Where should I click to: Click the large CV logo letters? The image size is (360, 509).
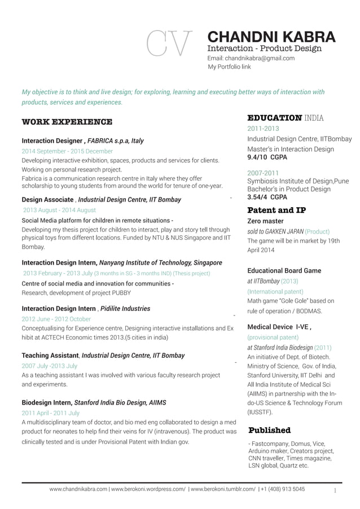pos(169,43)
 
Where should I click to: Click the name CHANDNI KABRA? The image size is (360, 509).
pos(271,37)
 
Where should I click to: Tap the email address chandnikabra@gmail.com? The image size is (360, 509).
pos(251,58)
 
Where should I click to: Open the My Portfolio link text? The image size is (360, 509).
pos(229,67)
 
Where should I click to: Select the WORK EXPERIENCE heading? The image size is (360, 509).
pos(67,122)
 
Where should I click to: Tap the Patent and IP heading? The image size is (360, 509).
pos(276,210)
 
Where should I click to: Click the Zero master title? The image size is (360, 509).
pos(266,221)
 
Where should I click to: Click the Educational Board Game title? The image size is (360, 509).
pos(284,271)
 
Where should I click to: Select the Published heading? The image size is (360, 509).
pos(270,431)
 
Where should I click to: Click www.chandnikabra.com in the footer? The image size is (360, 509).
pos(79,489)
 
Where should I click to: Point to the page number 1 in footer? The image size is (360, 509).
pos(335,490)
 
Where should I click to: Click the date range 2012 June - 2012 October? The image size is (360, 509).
pos(56,319)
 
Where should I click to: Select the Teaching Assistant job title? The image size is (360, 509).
pos(50,356)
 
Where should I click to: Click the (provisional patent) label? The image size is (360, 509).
pos(273,337)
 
